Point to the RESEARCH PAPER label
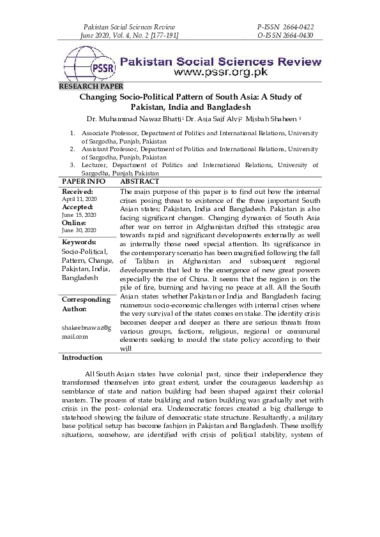pyautogui.click(x=91, y=85)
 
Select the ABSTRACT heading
pyautogui.click(x=140, y=182)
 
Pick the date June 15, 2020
pyautogui.click(x=78, y=215)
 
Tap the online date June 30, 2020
pyautogui.click(x=78, y=230)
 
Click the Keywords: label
pyautogui.click(x=79, y=242)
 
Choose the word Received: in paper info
pyautogui.click(x=77, y=191)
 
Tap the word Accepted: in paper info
pyautogui.click(x=77, y=207)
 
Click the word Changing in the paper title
pyautogui.click(x=98, y=96)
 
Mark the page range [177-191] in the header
pyautogui.click(x=162, y=35)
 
